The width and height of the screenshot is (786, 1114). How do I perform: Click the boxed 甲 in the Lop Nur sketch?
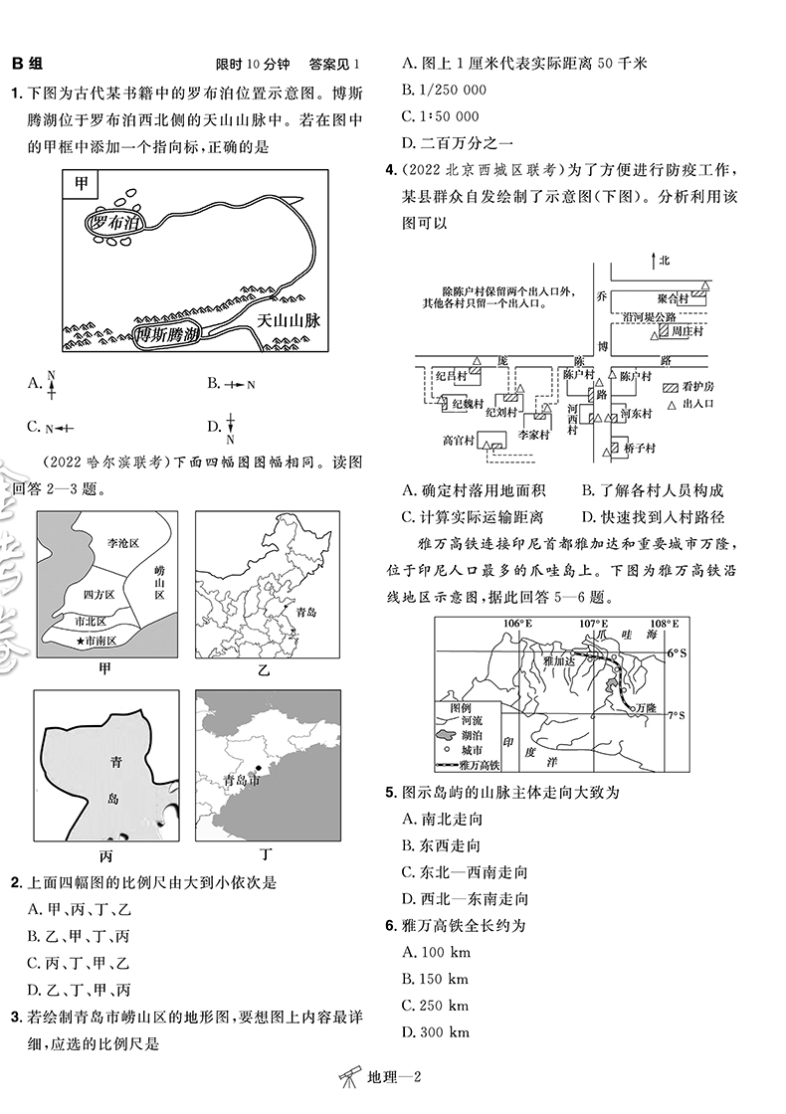pos(75,184)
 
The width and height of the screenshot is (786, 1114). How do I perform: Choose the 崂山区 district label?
pos(160,579)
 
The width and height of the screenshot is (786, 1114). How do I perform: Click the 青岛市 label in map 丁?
pos(243,780)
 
